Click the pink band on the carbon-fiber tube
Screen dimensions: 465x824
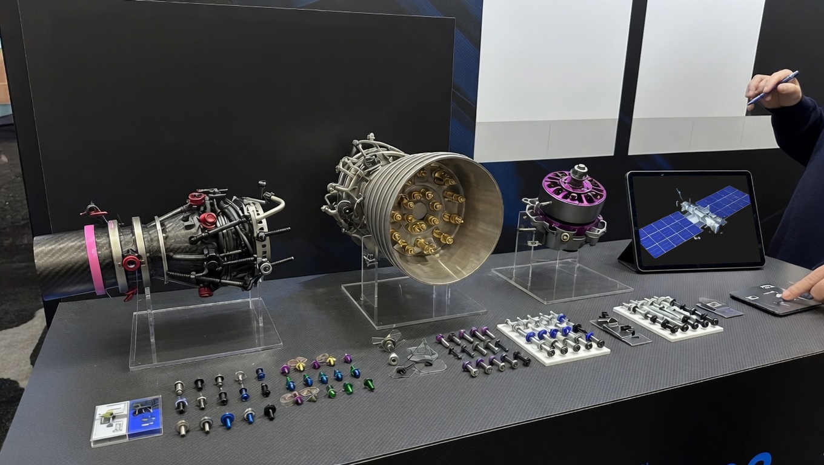tap(95, 259)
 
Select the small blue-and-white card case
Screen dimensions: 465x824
tap(127, 420)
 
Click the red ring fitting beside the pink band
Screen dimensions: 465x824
tap(130, 263)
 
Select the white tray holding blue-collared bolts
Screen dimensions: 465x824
tap(553, 343)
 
